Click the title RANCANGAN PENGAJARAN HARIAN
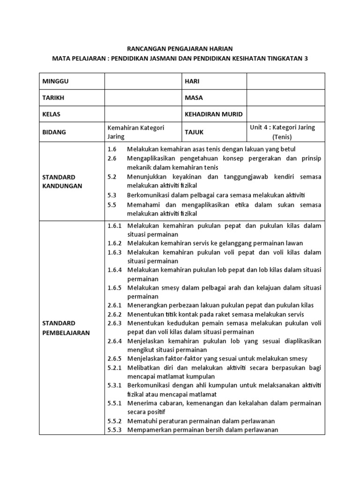(x=180, y=48)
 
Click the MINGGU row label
(x=56, y=81)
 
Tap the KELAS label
(x=52, y=114)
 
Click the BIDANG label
(x=54, y=132)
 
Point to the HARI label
(x=192, y=81)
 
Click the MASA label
(x=194, y=97)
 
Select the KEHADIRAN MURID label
(x=214, y=114)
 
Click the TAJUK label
(x=194, y=132)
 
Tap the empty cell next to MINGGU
(x=143, y=81)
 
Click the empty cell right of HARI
(x=285, y=81)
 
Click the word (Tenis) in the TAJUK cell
(x=282, y=137)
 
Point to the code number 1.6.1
(x=114, y=225)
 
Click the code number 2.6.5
(x=114, y=359)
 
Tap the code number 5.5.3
(x=114, y=429)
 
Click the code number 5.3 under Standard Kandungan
(x=111, y=195)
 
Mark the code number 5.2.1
(x=114, y=367)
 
